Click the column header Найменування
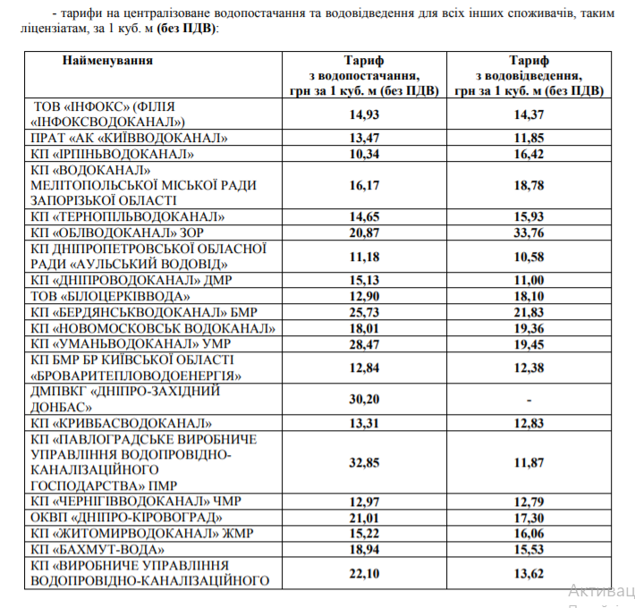click(x=107, y=61)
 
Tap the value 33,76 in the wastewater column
click(x=529, y=233)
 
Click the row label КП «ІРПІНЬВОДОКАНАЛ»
click(x=113, y=154)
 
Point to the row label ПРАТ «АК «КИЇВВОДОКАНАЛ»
click(x=129, y=138)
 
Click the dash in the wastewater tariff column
click(x=529, y=398)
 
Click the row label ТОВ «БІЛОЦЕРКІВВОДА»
click(x=111, y=296)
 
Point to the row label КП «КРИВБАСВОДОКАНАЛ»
click(x=121, y=422)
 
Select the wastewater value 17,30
click(x=529, y=518)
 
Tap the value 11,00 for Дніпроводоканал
click(x=529, y=281)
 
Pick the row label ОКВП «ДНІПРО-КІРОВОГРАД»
click(x=125, y=518)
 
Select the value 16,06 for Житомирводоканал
click(x=529, y=534)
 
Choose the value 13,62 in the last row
click(x=529, y=573)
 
